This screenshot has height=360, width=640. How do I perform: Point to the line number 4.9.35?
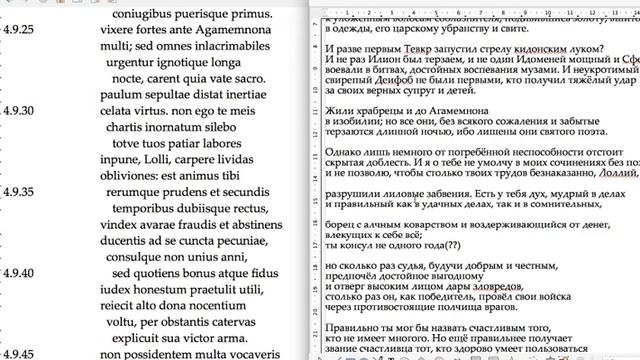coord(17,189)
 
